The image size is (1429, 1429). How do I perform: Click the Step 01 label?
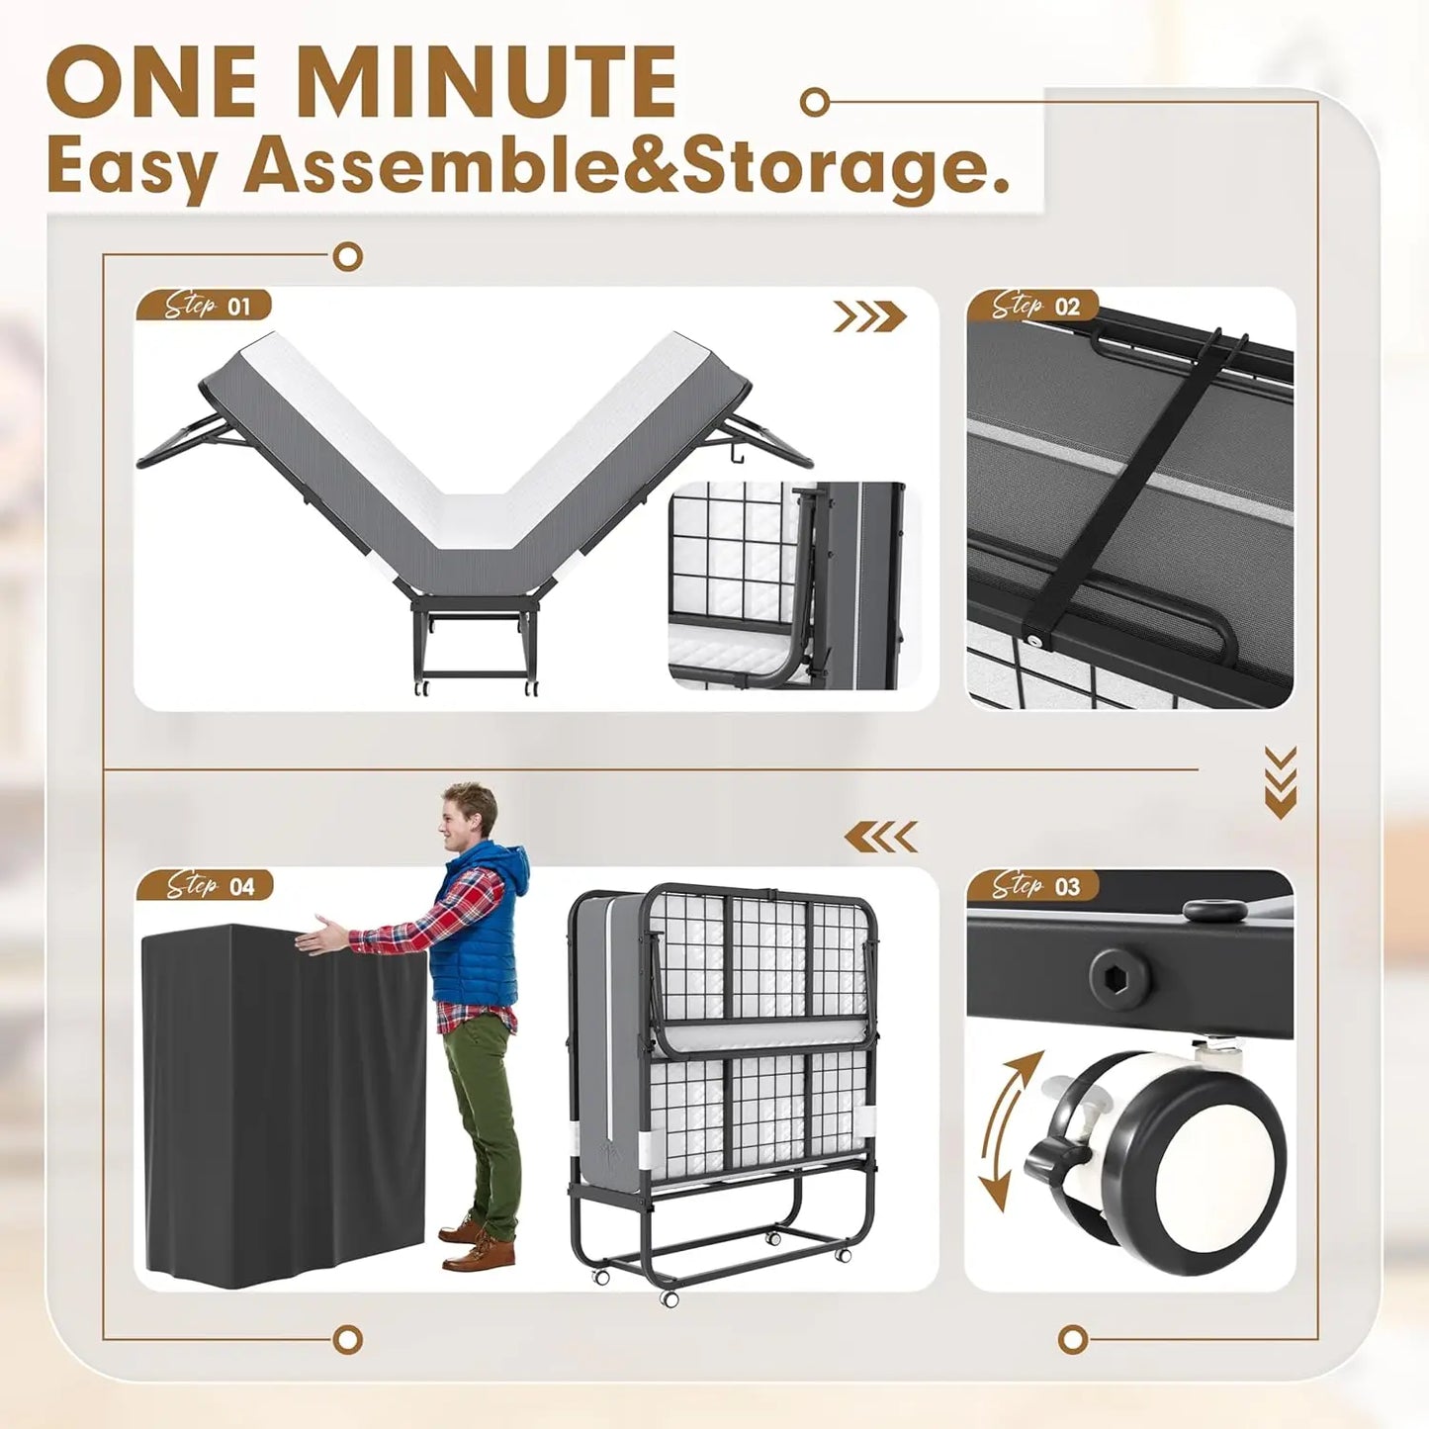coord(204,306)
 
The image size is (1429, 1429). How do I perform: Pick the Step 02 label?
coord(1033,306)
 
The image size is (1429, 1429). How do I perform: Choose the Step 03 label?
coord(1033,885)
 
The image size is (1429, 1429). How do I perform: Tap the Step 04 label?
coord(206,885)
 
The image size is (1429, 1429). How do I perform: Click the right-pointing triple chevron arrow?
coord(869,316)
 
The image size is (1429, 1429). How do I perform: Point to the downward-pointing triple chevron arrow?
coord(1280,782)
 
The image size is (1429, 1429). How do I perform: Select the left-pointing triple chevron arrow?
coord(880,838)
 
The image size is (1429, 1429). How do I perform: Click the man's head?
coord(469,816)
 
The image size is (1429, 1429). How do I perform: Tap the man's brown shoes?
coord(478,1244)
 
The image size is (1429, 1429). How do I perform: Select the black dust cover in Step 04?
coord(282,1098)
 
